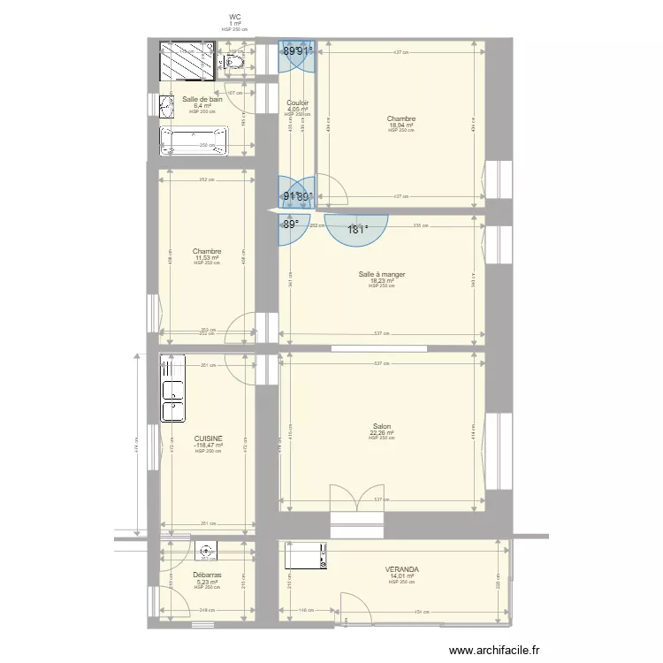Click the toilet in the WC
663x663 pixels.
tap(234, 61)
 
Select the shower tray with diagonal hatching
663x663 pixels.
tap(187, 61)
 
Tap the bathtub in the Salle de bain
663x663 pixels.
tap(193, 141)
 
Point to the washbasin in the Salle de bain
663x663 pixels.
tap(166, 107)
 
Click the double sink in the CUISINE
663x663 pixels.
tap(171, 388)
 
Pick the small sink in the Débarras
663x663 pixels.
tap(206, 552)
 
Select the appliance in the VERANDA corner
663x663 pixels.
tap(305, 556)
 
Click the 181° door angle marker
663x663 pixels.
tap(356, 229)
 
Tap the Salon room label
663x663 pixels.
tap(382, 426)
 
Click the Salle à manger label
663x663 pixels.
tap(382, 275)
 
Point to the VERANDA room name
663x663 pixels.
tap(401, 569)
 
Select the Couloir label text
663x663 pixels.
tap(297, 103)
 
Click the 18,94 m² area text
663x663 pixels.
tap(401, 126)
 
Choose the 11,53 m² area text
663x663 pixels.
tap(206, 258)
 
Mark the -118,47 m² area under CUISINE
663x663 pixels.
tap(207, 446)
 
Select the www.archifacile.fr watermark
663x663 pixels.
tap(494, 650)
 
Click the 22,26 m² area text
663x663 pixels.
tap(382, 433)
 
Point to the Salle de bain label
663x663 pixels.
tap(202, 100)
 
